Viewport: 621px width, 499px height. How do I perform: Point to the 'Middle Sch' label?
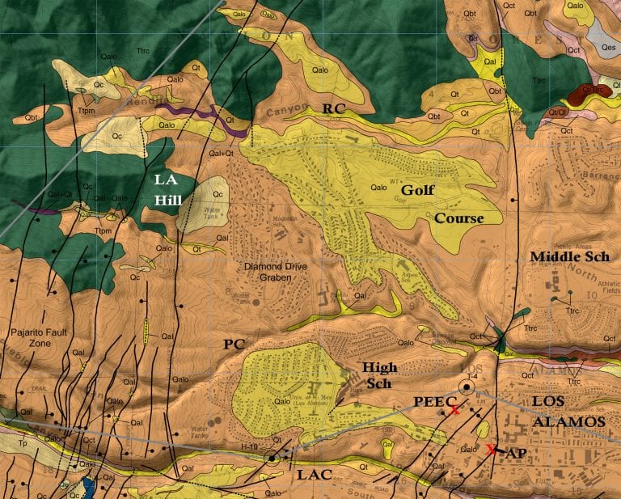pos(569,257)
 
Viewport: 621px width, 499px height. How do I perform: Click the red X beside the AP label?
pos(491,449)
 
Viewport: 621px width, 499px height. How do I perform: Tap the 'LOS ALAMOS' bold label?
pos(568,412)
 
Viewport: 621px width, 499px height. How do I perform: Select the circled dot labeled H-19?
pos(272,458)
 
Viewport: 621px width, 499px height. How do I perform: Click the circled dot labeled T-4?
pos(466,387)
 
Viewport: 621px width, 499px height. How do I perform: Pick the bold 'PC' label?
pos(234,345)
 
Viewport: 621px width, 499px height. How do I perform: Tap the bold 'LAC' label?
pos(314,475)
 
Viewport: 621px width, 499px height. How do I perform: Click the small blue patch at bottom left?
pos(88,487)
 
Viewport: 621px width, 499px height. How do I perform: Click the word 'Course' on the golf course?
pos(458,218)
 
